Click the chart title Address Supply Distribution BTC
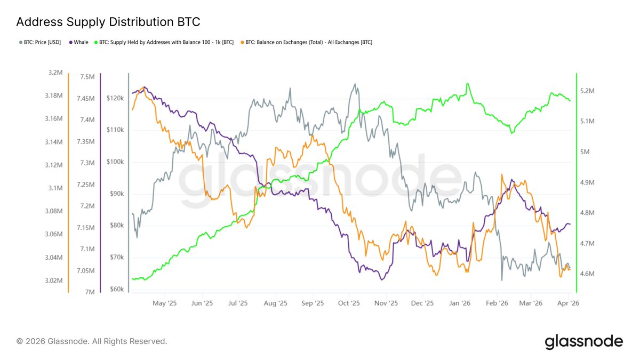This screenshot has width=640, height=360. coord(108,22)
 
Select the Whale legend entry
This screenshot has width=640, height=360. coord(79,42)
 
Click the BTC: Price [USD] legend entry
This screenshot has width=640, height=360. coord(41,42)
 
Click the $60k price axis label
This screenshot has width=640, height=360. coord(116,290)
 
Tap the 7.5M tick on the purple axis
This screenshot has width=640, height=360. coord(87,77)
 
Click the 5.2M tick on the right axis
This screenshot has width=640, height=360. coord(591,91)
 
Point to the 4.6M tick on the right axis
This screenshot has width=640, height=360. coord(591,274)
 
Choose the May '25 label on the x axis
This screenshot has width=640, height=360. coord(164,303)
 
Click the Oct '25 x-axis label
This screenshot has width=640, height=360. coord(349,303)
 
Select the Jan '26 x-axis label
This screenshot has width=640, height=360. coord(459,303)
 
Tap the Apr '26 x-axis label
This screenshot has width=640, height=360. coord(569,303)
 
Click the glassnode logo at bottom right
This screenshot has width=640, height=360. coord(583,341)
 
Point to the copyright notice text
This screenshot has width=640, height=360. coord(92,341)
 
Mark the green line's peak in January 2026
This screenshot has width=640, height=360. coord(467,84)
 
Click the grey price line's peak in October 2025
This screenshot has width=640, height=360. coord(354,84)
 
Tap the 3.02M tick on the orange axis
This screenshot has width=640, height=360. coord(54,281)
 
